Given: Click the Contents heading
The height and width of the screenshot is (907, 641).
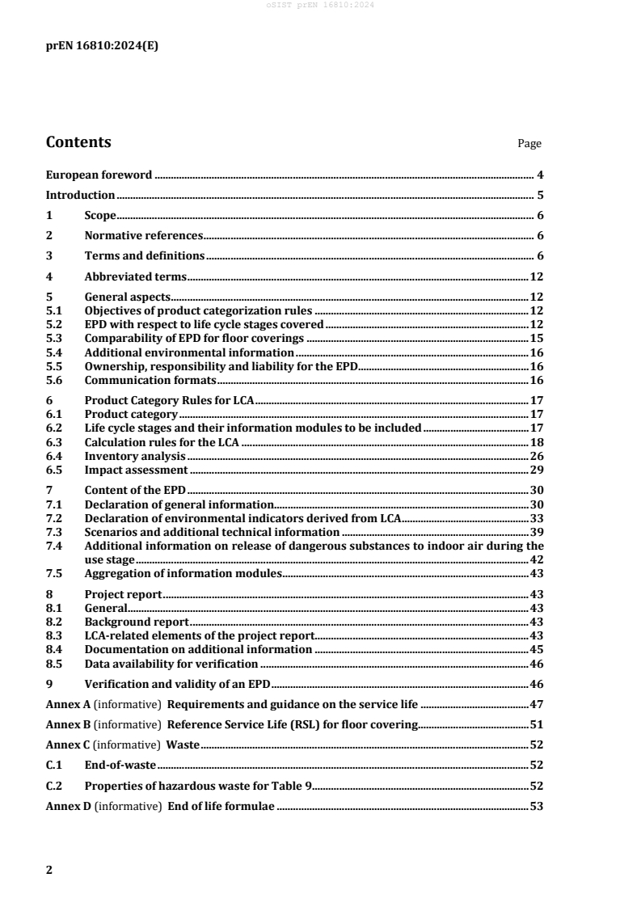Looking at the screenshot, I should pyautogui.click(x=78, y=143).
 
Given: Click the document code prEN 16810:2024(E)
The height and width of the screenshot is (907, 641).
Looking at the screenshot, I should pyautogui.click(x=102, y=46).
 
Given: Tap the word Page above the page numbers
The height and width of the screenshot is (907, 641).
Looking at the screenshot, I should pyautogui.click(x=529, y=144).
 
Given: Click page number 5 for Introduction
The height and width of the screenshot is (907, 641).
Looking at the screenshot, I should pyautogui.click(x=539, y=195).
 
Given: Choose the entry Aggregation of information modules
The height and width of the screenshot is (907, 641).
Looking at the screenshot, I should pyautogui.click(x=183, y=573).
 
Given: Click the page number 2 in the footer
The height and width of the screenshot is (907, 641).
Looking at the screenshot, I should pyautogui.click(x=49, y=870).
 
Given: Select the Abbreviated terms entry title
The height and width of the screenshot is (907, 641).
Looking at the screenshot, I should pyautogui.click(x=136, y=276).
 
